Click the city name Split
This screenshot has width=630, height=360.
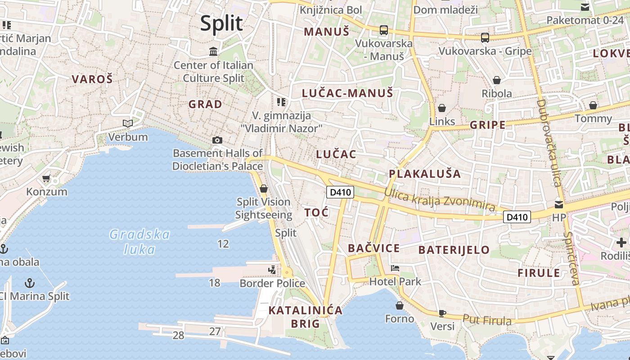pyautogui.click(x=221, y=23)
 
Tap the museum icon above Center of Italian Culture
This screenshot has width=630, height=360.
pyautogui.click(x=213, y=51)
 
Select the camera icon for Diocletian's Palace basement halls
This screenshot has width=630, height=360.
pyautogui.click(x=217, y=140)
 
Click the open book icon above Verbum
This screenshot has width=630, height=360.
pyautogui.click(x=128, y=123)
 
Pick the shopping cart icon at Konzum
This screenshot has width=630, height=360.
pyautogui.click(x=46, y=179)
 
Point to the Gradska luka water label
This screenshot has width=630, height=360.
pyautogui.click(x=140, y=242)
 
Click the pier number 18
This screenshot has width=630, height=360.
pyautogui.click(x=215, y=283)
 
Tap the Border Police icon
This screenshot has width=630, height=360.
pyautogui.click(x=272, y=270)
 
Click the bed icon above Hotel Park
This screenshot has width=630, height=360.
pyautogui.click(x=395, y=268)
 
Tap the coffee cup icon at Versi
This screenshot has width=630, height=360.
pyautogui.click(x=442, y=313)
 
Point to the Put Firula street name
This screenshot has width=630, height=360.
pyautogui.click(x=487, y=320)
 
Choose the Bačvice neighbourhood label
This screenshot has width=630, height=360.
pyautogui.click(x=374, y=248)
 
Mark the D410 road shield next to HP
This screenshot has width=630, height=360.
pyautogui.click(x=517, y=217)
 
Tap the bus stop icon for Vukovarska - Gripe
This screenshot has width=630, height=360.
pyautogui.click(x=485, y=38)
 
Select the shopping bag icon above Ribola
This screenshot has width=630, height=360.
pyautogui.click(x=497, y=80)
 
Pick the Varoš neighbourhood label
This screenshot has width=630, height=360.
pyautogui.click(x=92, y=79)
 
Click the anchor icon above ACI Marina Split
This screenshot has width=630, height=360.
pyautogui.click(x=30, y=283)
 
